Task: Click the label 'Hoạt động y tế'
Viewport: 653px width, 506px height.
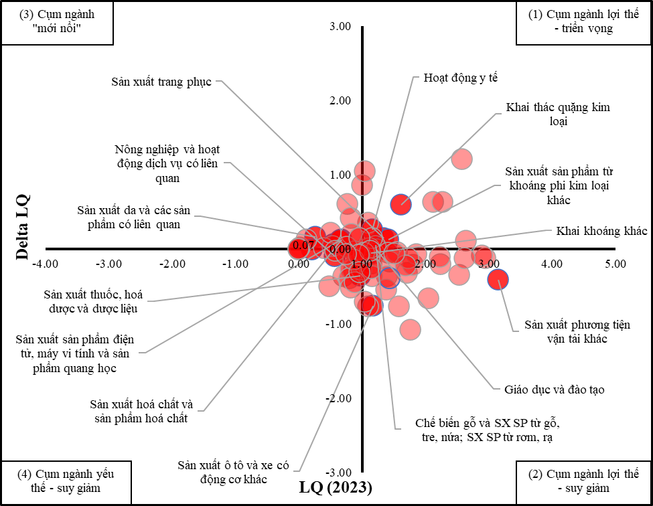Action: point(461,78)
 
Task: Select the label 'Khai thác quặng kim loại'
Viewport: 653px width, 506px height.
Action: point(558,114)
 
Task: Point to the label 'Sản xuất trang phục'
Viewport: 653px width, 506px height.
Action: point(161,82)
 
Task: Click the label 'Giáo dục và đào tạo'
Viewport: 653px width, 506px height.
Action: point(549,389)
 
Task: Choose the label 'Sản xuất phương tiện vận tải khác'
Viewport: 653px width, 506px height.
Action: point(577,332)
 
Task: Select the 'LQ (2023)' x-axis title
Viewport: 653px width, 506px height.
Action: point(335,487)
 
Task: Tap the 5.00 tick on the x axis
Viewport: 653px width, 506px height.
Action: point(615,264)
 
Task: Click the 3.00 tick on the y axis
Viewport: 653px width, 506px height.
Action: point(340,27)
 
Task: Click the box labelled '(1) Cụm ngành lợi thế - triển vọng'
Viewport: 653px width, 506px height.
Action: point(584,23)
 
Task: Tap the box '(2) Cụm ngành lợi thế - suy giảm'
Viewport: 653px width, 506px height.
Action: point(584,481)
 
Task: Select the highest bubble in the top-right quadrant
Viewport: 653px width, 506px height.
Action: point(461,159)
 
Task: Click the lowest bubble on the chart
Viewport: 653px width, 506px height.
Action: point(410,329)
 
